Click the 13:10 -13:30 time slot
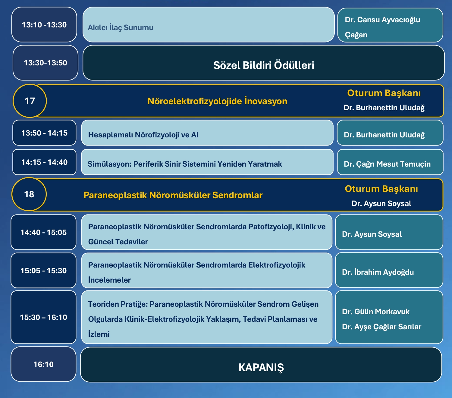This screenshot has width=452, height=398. tap(44, 25)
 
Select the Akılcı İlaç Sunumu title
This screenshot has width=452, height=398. tap(121, 28)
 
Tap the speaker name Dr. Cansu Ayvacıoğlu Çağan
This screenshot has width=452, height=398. tap(382, 27)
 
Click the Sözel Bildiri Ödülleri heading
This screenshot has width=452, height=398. tap(263, 65)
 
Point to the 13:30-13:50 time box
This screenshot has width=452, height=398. tap(46, 63)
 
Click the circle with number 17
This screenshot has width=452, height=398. tap(30, 101)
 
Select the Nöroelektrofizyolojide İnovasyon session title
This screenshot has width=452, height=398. tap(217, 101)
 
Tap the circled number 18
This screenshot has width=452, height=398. tap(29, 194)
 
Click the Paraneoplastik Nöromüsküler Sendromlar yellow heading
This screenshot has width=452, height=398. tap(173, 195)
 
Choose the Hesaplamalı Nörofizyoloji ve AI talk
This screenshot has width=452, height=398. tap(143, 135)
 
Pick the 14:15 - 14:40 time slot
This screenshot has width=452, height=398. tap(44, 162)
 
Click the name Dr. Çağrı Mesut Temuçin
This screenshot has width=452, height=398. tap(387, 164)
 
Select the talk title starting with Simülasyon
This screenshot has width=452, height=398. tap(185, 164)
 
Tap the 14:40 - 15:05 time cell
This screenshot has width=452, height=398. tap(43, 232)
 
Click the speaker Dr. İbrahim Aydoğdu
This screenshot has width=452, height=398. tap(378, 272)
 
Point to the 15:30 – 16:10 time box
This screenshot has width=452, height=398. tap(43, 317)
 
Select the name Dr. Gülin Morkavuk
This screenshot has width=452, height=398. tap(376, 312)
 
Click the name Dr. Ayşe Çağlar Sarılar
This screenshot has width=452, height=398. tap(381, 327)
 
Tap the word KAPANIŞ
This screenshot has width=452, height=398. tap(261, 368)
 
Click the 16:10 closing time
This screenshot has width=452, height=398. tap(43, 364)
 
